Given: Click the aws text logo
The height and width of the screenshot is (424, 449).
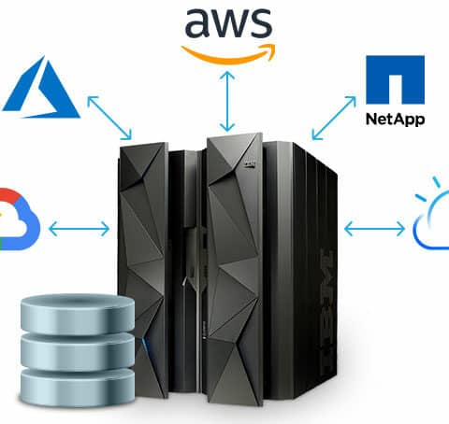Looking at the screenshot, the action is coord(228,23).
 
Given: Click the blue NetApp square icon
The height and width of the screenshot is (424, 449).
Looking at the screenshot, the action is coord(395,79).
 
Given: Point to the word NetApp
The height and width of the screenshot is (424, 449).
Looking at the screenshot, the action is coord(395,120).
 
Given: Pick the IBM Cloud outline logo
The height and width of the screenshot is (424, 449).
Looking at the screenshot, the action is coord(432,215).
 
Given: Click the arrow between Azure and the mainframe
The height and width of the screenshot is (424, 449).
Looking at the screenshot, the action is coord(109,118).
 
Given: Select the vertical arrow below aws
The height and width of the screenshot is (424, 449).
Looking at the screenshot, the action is coord(227,102).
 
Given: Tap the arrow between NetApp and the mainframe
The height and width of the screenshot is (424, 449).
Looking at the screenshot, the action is coord(334,118).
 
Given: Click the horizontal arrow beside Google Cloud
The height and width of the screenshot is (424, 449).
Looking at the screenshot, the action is coord(80,229).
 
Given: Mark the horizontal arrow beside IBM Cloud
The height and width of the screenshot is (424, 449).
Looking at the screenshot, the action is coord(374,229).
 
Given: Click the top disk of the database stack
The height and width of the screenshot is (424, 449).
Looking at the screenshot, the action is coord(78,314).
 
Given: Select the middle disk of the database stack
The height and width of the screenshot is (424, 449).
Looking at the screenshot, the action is coord(78,350).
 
